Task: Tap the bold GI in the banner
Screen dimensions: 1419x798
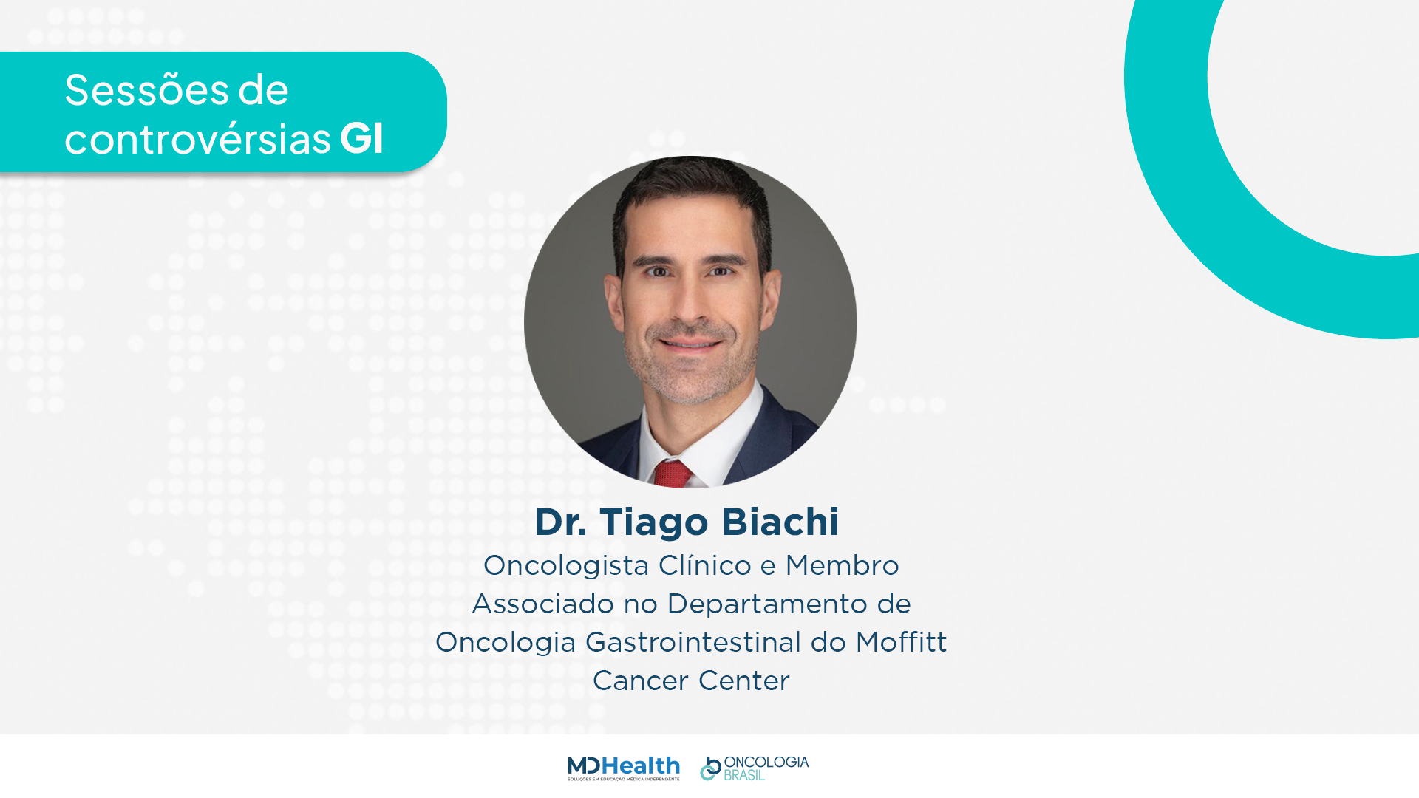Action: point(361,137)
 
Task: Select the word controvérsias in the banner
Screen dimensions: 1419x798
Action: point(197,138)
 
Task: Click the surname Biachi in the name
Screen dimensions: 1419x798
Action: point(780,522)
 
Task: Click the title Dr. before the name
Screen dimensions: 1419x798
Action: point(560,522)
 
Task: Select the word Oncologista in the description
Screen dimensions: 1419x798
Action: point(566,566)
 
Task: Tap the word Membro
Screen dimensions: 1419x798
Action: point(842,565)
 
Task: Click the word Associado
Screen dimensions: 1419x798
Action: point(543,604)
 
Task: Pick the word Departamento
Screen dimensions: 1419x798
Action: point(767,604)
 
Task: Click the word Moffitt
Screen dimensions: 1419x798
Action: point(901,642)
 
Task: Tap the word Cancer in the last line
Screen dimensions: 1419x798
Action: point(641,681)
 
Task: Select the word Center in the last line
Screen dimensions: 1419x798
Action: point(744,681)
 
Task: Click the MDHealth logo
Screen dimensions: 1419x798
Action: point(624,768)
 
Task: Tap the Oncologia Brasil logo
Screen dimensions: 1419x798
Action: point(755,768)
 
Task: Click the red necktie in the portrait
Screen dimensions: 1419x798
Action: point(673,474)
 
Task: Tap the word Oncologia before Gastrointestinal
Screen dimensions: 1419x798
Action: point(506,643)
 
